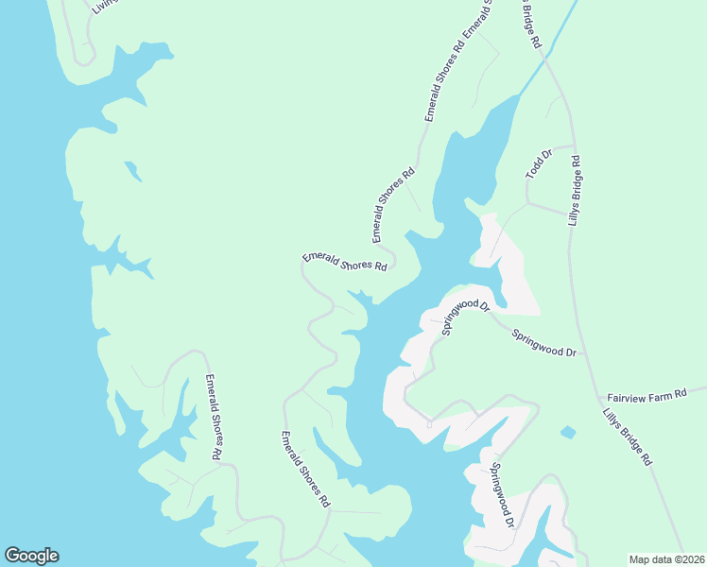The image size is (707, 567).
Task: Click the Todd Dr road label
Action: click(538, 163)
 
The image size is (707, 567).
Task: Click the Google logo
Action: click(31, 556)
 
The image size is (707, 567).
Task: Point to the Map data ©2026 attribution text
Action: click(665, 558)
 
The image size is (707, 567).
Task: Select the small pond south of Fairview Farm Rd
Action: click(567, 433)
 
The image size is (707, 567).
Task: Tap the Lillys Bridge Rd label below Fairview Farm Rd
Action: click(628, 437)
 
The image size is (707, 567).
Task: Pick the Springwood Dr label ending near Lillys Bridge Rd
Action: click(544, 342)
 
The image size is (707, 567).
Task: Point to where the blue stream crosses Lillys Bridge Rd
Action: click(546, 59)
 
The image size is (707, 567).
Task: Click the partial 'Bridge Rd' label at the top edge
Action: click(528, 23)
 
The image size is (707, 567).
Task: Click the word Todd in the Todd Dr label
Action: click(534, 168)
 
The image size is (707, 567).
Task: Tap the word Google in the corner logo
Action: click(31, 556)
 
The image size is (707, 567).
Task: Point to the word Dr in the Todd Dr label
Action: click(545, 155)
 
